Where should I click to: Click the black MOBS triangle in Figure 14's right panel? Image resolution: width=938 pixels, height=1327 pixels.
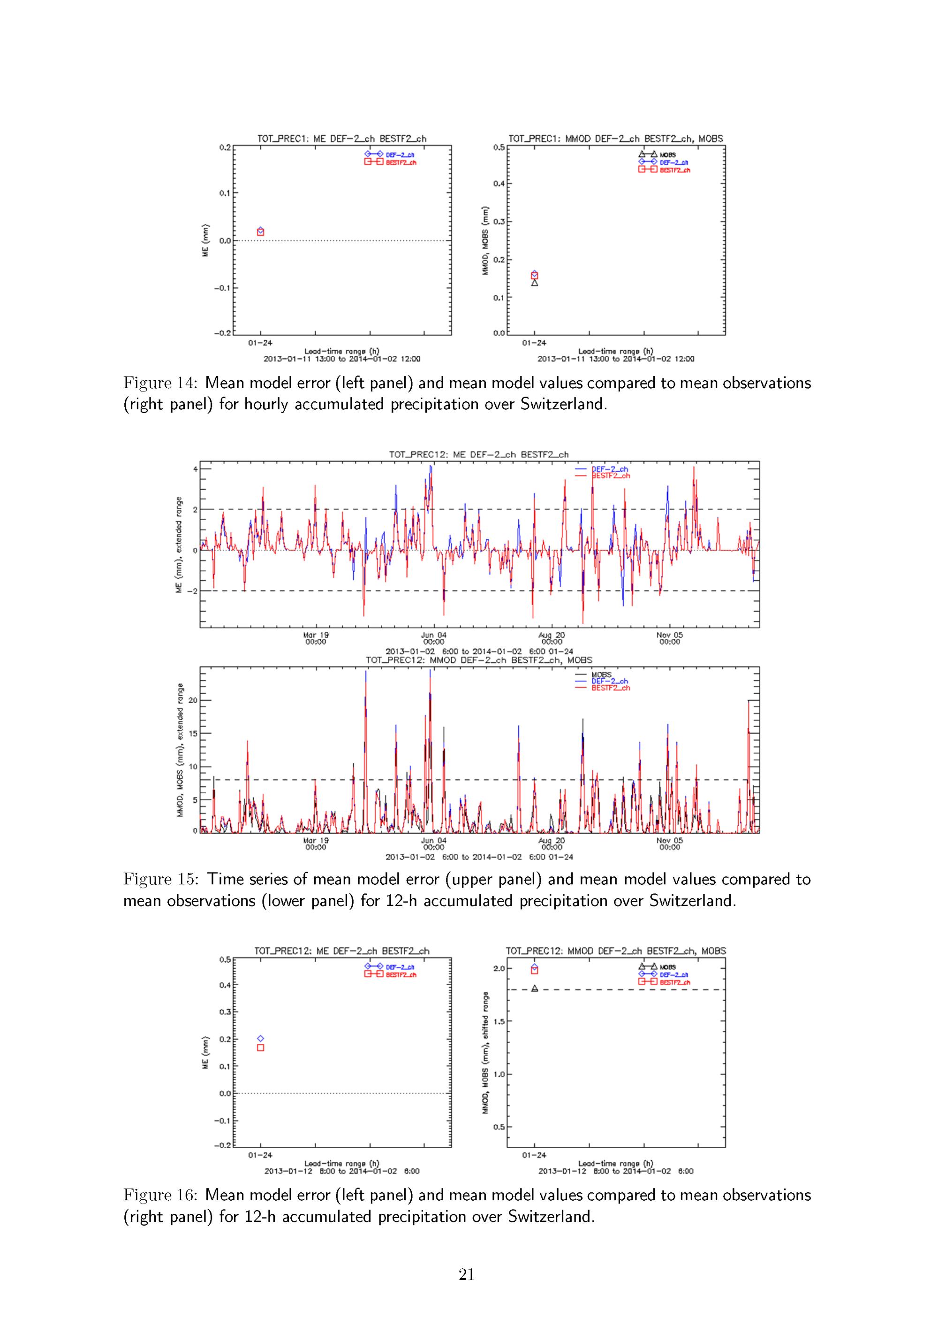(x=535, y=283)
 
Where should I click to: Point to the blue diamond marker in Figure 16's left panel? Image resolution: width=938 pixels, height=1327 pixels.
(x=260, y=1039)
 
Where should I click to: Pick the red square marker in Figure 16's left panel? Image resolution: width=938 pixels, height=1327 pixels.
(x=260, y=1047)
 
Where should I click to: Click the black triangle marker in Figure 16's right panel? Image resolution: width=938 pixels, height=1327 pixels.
(x=535, y=988)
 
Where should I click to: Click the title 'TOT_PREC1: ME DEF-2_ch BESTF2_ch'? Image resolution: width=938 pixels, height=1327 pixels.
(x=342, y=139)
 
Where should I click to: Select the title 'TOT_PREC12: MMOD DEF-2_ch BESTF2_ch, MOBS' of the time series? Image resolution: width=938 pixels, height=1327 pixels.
(x=479, y=660)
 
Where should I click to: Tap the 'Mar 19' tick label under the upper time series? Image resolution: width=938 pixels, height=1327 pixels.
(x=316, y=635)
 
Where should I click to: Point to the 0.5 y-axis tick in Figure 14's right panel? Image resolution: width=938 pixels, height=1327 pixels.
(x=499, y=147)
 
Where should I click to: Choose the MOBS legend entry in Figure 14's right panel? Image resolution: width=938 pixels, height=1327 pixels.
(x=667, y=155)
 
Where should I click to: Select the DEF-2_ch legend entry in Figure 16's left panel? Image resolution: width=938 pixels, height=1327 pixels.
(x=400, y=967)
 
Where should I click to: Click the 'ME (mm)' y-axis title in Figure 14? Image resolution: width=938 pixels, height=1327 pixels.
(x=205, y=240)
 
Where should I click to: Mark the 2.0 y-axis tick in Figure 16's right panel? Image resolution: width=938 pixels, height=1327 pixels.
(x=499, y=969)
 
